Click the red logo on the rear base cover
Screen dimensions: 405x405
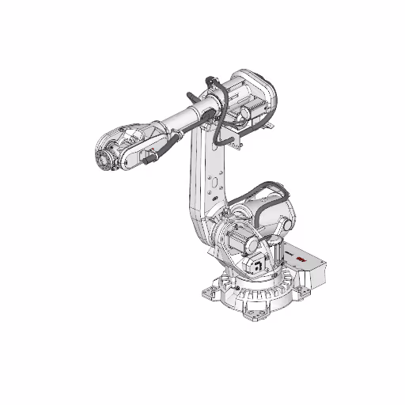(x=303, y=259)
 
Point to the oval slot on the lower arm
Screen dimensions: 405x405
(x=212, y=183)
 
